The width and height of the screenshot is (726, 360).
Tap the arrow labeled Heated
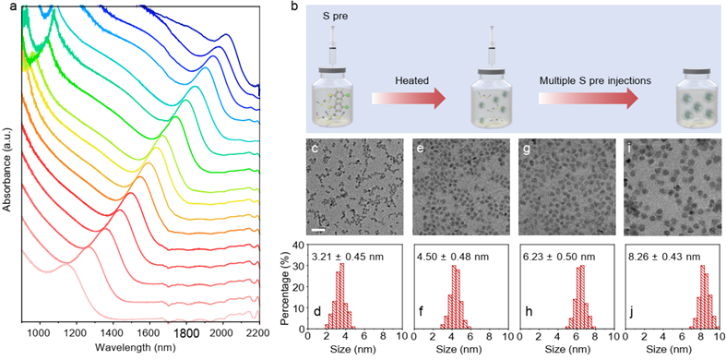(409, 98)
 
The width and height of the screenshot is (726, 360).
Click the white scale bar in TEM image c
(319, 229)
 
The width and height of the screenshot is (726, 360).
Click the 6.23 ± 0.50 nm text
(560, 257)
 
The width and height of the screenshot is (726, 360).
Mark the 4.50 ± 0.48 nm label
(453, 257)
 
